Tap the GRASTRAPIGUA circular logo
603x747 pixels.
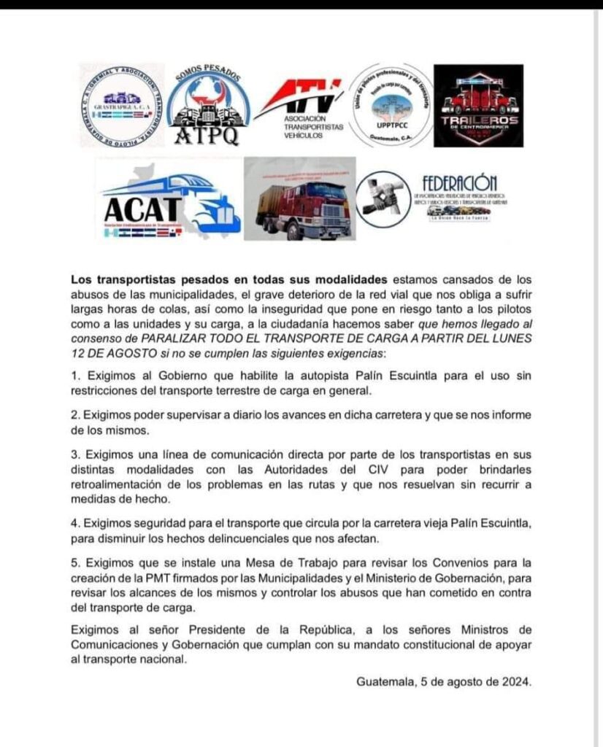coord(121,104)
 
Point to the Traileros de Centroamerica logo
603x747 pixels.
coord(478,107)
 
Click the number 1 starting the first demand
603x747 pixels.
coord(74,375)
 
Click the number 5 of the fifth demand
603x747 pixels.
coord(74,562)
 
